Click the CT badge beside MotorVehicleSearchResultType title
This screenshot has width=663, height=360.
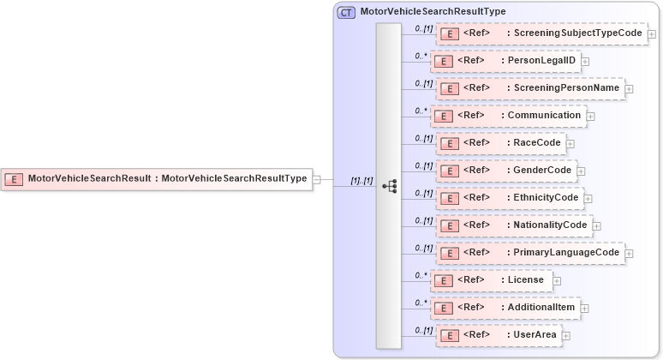pos(346,12)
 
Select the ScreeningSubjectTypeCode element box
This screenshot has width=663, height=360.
pos(541,33)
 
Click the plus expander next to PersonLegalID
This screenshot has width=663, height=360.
pos(585,61)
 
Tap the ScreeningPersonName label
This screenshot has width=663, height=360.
pos(563,88)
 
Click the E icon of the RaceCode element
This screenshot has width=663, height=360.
pos(449,143)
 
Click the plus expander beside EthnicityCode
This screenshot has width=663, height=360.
pos(588,198)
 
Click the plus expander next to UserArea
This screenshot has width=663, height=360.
pos(566,335)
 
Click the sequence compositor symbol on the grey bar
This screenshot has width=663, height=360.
pos(389,184)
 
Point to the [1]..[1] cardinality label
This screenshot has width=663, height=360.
pos(361,180)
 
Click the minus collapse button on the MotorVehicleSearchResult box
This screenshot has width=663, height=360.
pos(317,179)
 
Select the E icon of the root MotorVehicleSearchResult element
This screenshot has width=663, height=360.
pos(15,179)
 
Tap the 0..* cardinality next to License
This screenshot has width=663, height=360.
pos(421,275)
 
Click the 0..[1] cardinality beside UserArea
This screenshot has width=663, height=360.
pos(423,330)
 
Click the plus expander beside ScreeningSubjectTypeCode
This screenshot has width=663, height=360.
pos(652,34)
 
